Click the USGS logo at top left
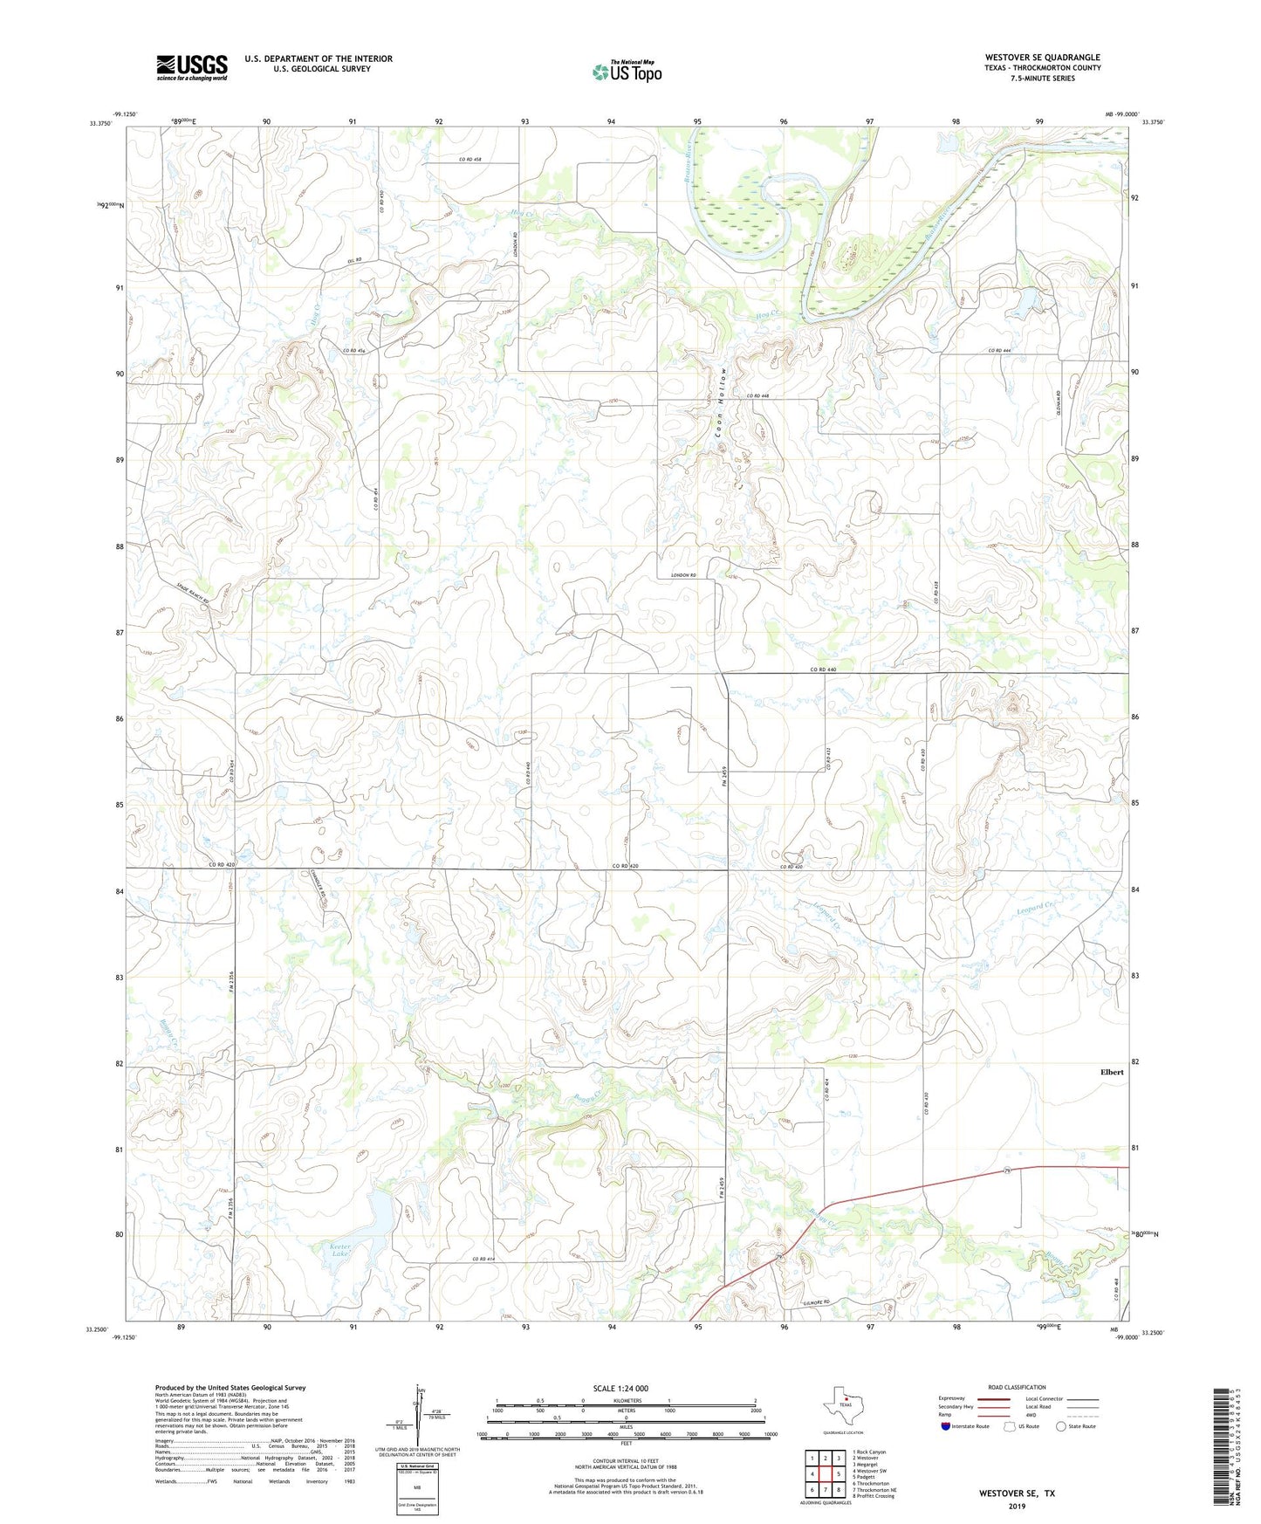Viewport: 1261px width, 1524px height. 191,67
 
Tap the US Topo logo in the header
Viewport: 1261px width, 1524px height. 626,72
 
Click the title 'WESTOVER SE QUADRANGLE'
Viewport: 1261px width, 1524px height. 1042,58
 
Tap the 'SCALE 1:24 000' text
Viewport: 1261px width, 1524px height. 620,1389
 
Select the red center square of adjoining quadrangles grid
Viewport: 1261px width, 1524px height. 825,1474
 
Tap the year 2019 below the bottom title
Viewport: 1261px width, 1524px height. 1017,1506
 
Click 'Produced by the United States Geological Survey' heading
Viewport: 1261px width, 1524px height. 230,1388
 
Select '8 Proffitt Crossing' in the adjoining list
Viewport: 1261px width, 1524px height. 873,1496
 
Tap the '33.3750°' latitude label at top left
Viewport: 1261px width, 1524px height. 102,123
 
